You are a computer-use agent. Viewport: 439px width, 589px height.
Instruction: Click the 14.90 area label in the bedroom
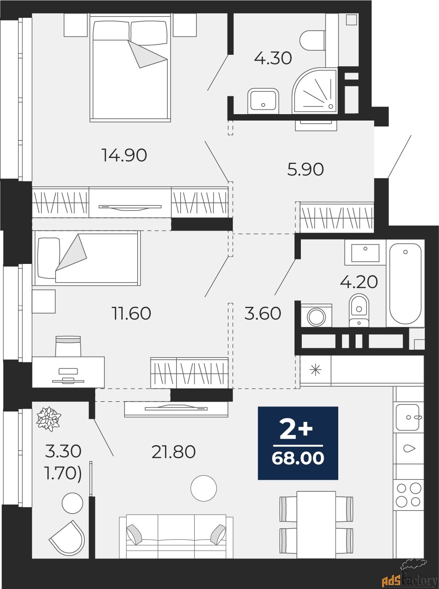124,155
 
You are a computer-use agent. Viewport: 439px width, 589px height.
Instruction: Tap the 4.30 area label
273,58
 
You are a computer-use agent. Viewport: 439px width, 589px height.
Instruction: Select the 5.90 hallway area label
305,169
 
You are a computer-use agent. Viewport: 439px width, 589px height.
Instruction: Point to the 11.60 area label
131,313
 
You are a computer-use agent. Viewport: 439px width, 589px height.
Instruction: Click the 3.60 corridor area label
263,313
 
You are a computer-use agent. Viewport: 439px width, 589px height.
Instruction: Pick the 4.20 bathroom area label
359,282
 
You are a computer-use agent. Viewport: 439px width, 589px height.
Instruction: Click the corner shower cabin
315,91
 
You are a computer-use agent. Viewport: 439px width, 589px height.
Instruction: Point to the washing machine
316,316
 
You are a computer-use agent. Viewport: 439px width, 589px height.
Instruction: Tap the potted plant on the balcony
49,419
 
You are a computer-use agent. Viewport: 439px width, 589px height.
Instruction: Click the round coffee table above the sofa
204,488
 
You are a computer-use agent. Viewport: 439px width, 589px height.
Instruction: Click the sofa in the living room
176,536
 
